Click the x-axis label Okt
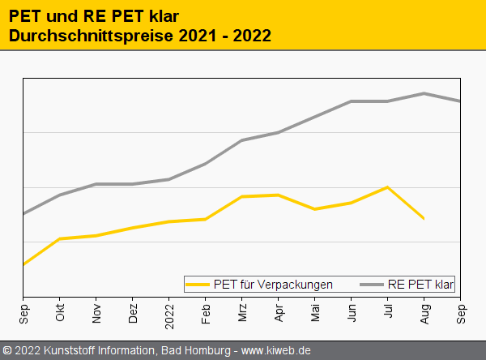60,314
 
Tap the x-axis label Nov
96,314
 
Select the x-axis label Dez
133,314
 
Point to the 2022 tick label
169,311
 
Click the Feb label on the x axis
206,314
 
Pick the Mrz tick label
242,314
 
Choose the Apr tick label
279,314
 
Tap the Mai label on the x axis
315,314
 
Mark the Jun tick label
352,314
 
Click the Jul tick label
388,313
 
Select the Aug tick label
424,314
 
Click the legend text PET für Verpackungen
273,285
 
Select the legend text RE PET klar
421,285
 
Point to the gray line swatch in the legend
371,285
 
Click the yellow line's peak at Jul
388,187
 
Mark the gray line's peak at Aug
424,93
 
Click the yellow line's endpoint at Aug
424,219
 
